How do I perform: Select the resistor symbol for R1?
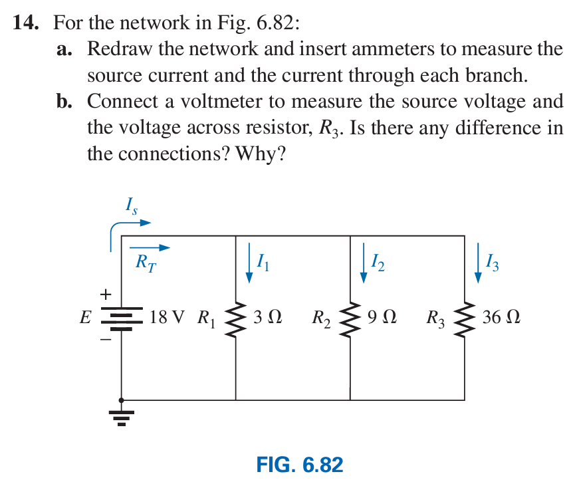click(x=235, y=318)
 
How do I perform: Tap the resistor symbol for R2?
click(x=350, y=318)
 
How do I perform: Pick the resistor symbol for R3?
click(x=464, y=318)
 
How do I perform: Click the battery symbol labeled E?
click(x=121, y=318)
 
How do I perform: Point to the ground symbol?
click(x=121, y=416)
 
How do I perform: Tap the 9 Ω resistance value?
click(x=382, y=317)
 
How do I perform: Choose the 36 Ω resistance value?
click(x=501, y=317)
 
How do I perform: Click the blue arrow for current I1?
click(x=249, y=263)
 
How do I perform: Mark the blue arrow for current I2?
click(x=363, y=263)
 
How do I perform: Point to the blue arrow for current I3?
click(x=478, y=263)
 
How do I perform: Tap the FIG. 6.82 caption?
click(x=299, y=464)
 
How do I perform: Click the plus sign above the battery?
click(x=105, y=293)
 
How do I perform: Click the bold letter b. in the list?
click(x=65, y=102)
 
